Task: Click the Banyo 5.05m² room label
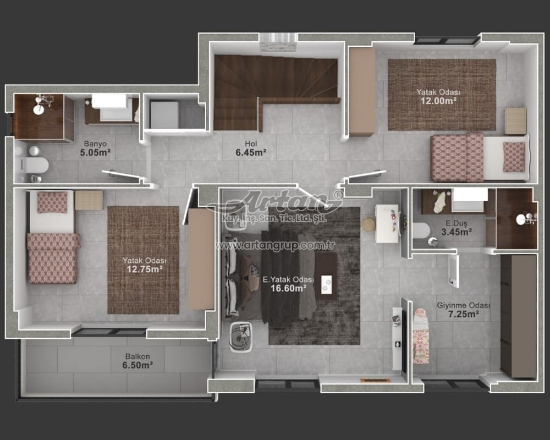tap(95, 148)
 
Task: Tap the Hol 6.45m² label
tap(251, 148)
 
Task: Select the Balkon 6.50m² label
tap(137, 361)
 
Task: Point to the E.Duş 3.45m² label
tap(457, 228)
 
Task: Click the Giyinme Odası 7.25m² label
tap(463, 310)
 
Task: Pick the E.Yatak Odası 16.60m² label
tap(288, 284)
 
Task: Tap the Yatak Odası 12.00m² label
tap(438, 96)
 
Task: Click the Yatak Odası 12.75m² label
tap(144, 265)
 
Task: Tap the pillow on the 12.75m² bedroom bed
tap(52, 202)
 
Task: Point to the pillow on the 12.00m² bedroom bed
tap(514, 157)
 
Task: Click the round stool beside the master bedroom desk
tap(369, 224)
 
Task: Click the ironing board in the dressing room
tap(421, 336)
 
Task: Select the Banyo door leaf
tap(121, 174)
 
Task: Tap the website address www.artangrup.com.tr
tap(276, 245)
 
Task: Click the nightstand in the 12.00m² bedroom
tap(515, 121)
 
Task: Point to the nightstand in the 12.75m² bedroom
tap(89, 200)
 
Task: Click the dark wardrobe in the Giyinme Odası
tap(518, 316)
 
